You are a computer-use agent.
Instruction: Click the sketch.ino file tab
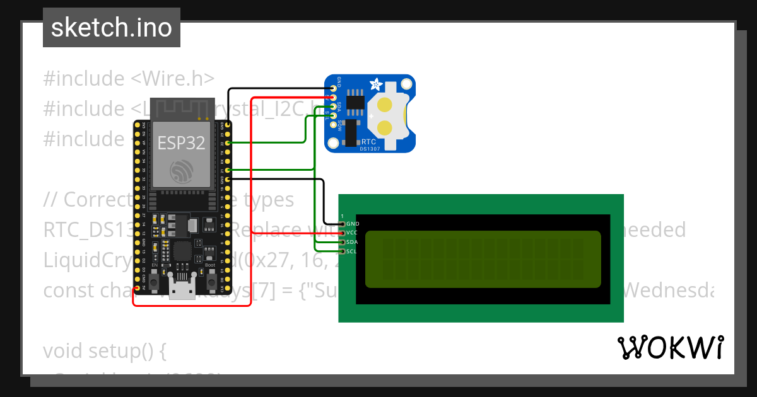pos(112,28)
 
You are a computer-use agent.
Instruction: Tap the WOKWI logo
pos(671,348)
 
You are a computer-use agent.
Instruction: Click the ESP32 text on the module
pos(181,143)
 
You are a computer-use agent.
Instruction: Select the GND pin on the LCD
pos(343,224)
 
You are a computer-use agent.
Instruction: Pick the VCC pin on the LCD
pos(343,233)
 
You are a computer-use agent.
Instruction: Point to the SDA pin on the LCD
pos(343,242)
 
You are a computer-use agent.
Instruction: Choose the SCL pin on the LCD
pos(343,251)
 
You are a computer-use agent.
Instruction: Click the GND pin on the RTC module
pos(333,89)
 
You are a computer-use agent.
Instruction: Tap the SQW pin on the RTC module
pos(333,126)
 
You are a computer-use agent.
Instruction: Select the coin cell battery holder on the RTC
pos(389,113)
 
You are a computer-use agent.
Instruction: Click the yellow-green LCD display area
pos(483,258)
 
